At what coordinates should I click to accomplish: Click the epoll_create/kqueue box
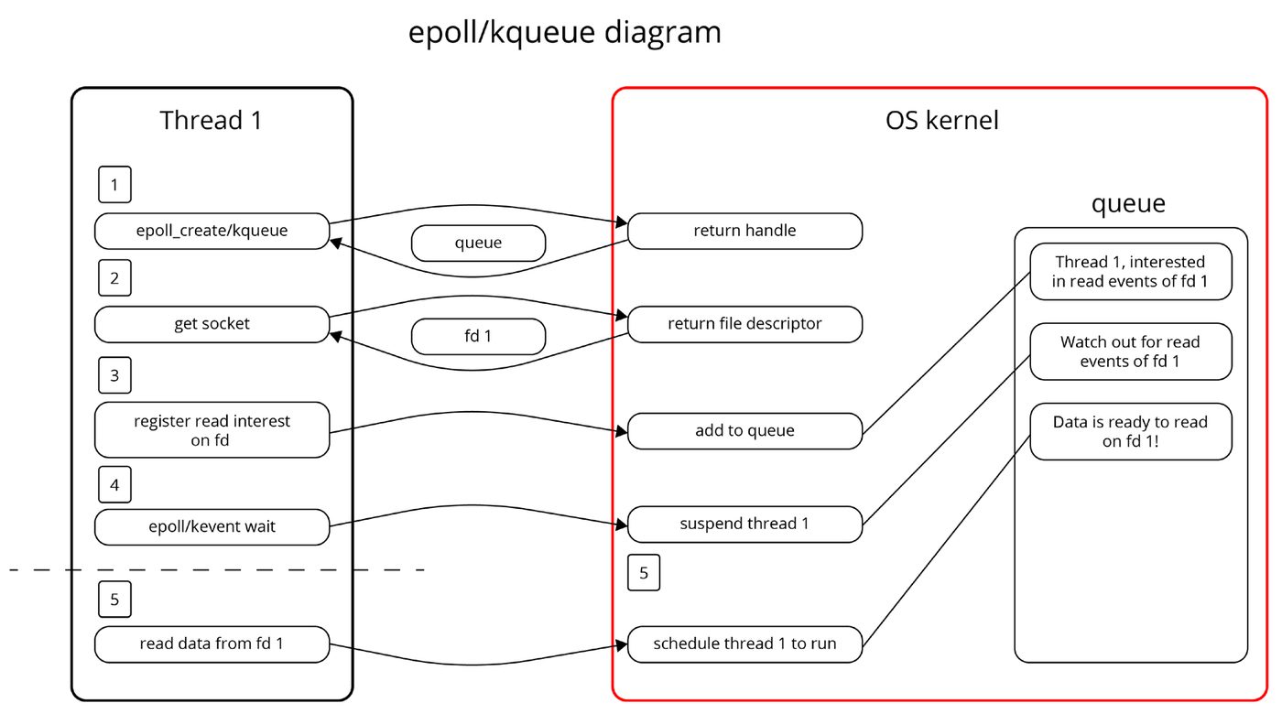[212, 231]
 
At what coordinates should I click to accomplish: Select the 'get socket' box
[212, 324]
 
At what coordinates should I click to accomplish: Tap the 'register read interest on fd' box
[212, 429]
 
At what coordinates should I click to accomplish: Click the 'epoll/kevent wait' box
[212, 526]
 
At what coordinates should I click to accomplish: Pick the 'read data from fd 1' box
[212, 644]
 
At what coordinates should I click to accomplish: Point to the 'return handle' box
[744, 231]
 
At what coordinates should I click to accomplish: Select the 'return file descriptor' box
[744, 324]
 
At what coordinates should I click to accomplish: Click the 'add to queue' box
[744, 430]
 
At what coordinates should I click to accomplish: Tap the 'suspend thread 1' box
[744, 524]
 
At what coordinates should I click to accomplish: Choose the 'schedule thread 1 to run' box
[744, 644]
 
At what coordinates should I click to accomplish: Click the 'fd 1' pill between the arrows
[478, 337]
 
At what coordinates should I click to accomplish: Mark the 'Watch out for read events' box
[1130, 352]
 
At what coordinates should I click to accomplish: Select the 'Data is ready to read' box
[1130, 431]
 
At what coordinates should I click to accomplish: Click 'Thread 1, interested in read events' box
[1130, 271]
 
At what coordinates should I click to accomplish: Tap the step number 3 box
[114, 375]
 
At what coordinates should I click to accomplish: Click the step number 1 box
[114, 184]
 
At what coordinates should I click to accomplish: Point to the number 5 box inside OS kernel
[643, 573]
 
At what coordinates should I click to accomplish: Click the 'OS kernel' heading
[941, 121]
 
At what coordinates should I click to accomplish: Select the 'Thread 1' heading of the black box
[211, 121]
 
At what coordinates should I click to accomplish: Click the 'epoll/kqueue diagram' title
[564, 32]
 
